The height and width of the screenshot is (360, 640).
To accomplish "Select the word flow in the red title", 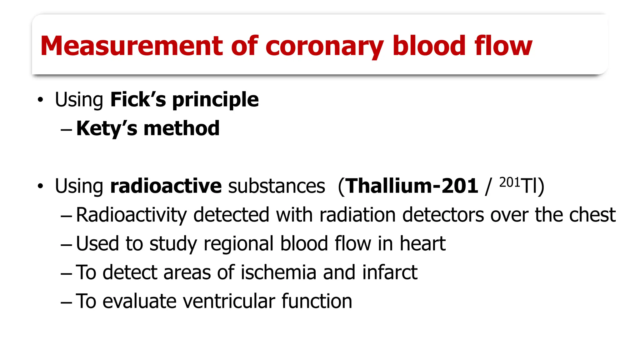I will [x=503, y=46].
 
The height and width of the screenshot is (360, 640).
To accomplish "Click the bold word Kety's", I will [x=107, y=128].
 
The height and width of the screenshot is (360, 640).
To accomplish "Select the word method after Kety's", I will [x=182, y=128].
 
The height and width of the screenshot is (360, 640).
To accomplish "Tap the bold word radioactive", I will [x=166, y=186].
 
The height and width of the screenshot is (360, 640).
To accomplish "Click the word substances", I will [x=277, y=186].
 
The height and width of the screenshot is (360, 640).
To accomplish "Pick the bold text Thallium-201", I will [x=412, y=186].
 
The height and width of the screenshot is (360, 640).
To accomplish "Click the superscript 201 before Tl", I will [x=510, y=182].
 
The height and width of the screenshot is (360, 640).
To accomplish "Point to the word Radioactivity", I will [x=131, y=215].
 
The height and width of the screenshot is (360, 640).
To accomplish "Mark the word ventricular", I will [x=229, y=301].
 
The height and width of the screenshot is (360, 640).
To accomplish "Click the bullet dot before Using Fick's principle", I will [x=40, y=100].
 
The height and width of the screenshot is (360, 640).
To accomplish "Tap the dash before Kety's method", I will [x=66, y=129].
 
